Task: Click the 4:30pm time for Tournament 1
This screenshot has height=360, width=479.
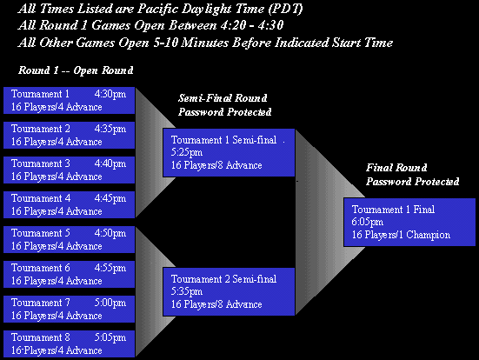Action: (x=110, y=94)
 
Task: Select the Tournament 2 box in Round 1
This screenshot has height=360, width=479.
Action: (x=69, y=135)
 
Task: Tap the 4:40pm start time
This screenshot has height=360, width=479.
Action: (x=110, y=163)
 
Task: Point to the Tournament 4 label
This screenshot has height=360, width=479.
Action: (x=41, y=198)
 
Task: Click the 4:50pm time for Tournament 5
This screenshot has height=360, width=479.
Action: (x=110, y=233)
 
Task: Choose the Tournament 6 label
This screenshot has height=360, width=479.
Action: (x=41, y=268)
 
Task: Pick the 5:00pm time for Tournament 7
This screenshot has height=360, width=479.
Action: (x=110, y=303)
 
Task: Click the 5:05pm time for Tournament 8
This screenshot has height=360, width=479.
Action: (x=110, y=337)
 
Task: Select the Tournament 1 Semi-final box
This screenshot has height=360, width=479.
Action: (x=229, y=152)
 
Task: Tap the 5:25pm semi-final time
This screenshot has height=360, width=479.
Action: (x=187, y=152)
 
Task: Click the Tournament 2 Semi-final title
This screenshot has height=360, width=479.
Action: (x=223, y=279)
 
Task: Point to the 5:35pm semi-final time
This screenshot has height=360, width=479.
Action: (x=187, y=291)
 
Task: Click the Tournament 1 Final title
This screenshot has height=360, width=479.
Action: (x=393, y=210)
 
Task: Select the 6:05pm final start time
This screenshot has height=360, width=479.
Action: (x=368, y=222)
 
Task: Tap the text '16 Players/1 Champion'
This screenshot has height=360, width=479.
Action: (x=401, y=235)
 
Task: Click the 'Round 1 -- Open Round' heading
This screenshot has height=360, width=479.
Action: (x=76, y=70)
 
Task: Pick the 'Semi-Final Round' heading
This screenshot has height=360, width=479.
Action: (x=223, y=98)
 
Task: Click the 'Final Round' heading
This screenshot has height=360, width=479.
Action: (x=396, y=168)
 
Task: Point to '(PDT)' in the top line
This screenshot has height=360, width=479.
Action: (x=286, y=9)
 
